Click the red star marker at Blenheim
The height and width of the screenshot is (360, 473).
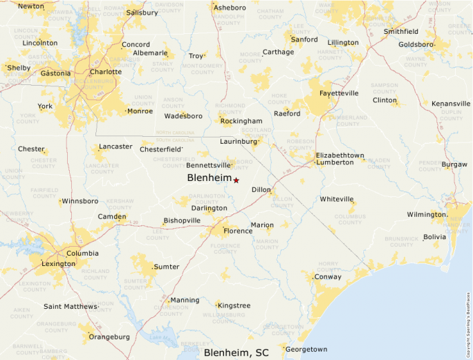pyautogui.click(x=236, y=180)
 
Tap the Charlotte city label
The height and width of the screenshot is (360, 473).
pyautogui.click(x=106, y=71)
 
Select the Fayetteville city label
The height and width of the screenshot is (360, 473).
pyautogui.click(x=339, y=93)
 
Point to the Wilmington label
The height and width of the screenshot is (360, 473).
pyautogui.click(x=426, y=214)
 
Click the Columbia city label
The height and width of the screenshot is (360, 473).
pyautogui.click(x=82, y=253)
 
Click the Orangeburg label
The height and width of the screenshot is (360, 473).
pyautogui.click(x=109, y=337)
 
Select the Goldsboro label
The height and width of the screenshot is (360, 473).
pyautogui.click(x=416, y=44)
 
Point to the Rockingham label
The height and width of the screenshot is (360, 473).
pyautogui.click(x=241, y=121)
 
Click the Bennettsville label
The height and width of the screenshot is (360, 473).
pyautogui.click(x=208, y=165)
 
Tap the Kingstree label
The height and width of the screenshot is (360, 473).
pyautogui.click(x=234, y=305)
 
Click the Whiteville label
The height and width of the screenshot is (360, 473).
pyautogui.click(x=337, y=199)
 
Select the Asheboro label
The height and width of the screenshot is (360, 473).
pyautogui.click(x=230, y=8)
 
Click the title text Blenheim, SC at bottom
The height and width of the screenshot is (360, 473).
pyautogui.click(x=236, y=352)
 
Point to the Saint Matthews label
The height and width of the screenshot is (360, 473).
pyautogui.click(x=70, y=306)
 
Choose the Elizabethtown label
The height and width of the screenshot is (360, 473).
pyautogui.click(x=340, y=155)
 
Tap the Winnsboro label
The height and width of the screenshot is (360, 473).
pyautogui.click(x=80, y=201)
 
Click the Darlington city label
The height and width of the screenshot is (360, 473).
pyautogui.click(x=209, y=208)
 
